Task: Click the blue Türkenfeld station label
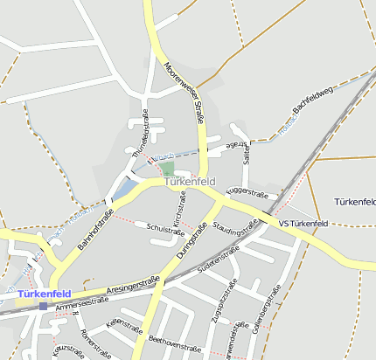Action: [44, 294]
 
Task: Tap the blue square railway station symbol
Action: [44, 306]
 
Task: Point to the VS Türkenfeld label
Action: [303, 225]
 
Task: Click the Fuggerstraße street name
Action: [247, 190]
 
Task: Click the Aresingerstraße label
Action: [133, 284]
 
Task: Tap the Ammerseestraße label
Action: [80, 304]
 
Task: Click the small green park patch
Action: [167, 168]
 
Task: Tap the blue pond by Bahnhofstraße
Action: [126, 187]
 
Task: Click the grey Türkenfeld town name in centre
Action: [190, 182]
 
